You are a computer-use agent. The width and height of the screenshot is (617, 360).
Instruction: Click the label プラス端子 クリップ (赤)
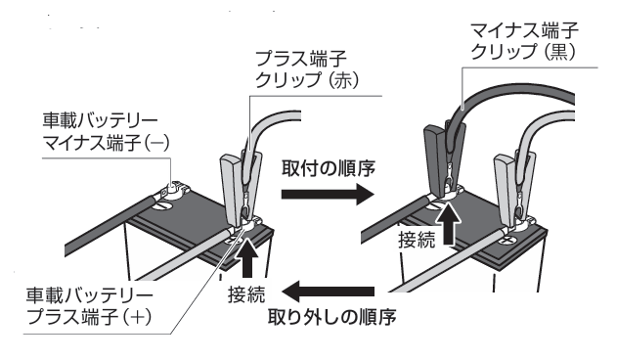[x=307, y=70]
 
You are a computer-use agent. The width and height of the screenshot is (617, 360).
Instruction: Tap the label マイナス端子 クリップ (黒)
[x=524, y=41]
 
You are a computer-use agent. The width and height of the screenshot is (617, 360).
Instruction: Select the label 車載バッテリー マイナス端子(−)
[x=106, y=131]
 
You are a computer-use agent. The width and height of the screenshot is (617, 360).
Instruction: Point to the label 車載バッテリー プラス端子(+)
[x=89, y=306]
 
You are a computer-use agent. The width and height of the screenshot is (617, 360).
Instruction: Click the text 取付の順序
[x=329, y=168]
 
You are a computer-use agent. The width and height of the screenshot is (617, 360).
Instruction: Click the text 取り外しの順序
[x=331, y=317]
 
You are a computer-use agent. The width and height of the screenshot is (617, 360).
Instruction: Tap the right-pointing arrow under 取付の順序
[x=328, y=194]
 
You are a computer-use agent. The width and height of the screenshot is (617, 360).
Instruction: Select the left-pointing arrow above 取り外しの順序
[x=328, y=292]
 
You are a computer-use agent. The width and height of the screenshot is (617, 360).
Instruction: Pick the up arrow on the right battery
[x=449, y=223]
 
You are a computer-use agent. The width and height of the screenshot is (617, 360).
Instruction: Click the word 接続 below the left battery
[x=246, y=293]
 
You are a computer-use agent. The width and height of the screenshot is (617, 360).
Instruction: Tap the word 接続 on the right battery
[x=417, y=240]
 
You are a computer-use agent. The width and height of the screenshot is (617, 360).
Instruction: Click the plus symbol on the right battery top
[x=507, y=239]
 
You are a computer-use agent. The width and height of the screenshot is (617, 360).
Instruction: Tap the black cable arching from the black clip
[x=511, y=99]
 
